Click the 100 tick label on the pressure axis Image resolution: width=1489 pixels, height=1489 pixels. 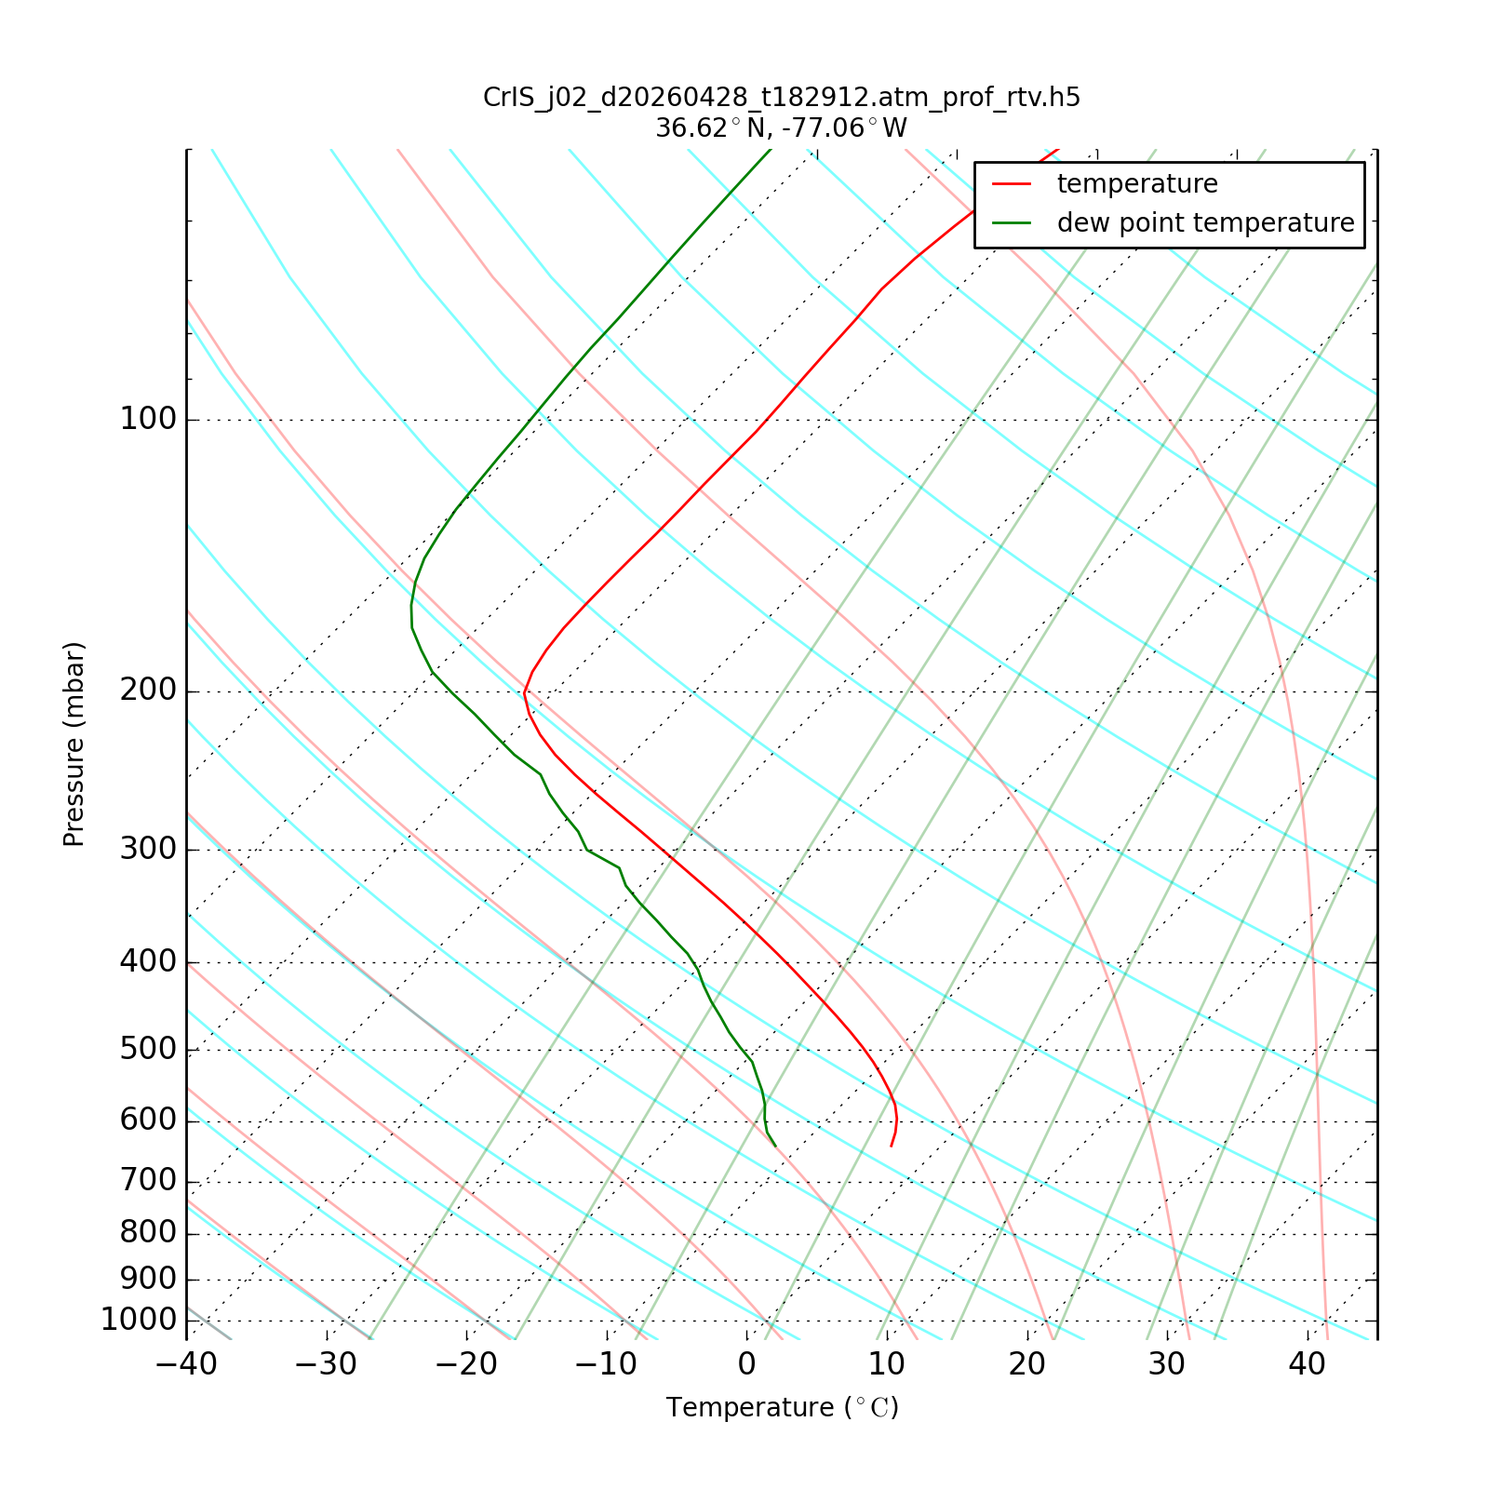(x=148, y=420)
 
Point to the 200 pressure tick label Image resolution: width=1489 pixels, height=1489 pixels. (x=148, y=691)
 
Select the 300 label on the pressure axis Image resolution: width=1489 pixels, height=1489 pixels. (x=148, y=850)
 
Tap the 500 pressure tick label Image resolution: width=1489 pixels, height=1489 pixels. (x=148, y=1050)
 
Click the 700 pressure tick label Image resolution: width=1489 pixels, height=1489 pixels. (x=148, y=1182)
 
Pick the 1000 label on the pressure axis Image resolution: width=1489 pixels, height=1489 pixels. (x=139, y=1321)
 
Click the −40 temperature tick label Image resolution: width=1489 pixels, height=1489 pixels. (x=186, y=1365)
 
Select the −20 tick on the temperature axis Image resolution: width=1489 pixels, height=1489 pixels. (x=466, y=1365)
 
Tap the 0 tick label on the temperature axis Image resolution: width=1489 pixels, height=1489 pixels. (x=746, y=1365)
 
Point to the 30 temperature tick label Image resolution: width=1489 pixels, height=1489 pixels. (x=1167, y=1365)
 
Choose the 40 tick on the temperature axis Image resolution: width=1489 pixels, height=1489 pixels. (x=1307, y=1365)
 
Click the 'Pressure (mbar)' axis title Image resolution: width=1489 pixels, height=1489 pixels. (x=74, y=744)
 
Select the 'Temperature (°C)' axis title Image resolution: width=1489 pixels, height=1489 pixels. (x=783, y=1408)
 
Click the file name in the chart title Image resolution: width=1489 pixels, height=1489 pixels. (x=782, y=98)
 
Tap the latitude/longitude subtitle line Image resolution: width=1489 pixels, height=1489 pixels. (x=782, y=128)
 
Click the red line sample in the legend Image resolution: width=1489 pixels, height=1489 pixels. (x=1012, y=184)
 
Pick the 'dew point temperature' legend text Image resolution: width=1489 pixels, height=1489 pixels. (x=1205, y=223)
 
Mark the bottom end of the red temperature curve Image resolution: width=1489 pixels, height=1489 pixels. (x=891, y=1146)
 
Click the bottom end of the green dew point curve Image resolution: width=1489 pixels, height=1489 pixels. (x=775, y=1146)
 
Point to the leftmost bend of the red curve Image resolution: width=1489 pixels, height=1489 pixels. (x=525, y=692)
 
